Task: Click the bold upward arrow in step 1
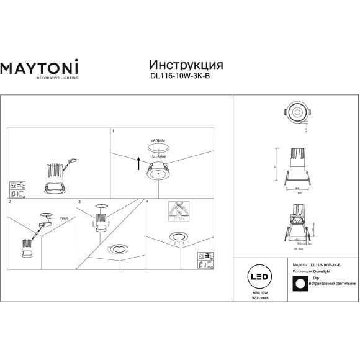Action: [138, 164]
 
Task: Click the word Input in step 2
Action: [63, 218]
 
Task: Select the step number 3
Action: [79, 202]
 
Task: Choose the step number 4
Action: [147, 202]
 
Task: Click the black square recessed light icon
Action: [300, 282]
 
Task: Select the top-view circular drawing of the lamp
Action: [296, 112]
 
